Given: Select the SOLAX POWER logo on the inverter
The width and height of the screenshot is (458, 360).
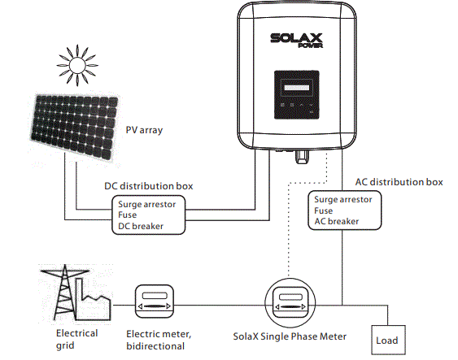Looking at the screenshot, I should [299, 41].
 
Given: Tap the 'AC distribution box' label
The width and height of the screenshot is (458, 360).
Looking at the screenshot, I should [399, 181].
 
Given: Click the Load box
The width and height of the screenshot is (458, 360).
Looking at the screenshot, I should [386, 340].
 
